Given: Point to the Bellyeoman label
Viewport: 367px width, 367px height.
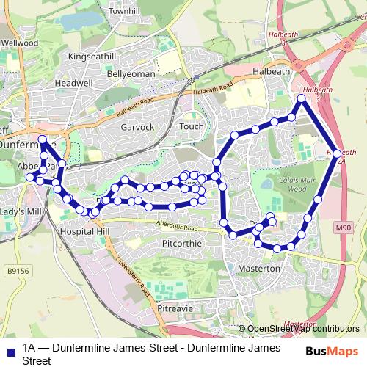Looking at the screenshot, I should [x=130, y=74].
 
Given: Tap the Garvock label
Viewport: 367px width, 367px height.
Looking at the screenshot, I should [x=137, y=127].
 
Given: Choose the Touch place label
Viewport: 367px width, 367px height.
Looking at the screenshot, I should [x=191, y=126].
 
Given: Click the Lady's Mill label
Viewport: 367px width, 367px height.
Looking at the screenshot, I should [x=21, y=211].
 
